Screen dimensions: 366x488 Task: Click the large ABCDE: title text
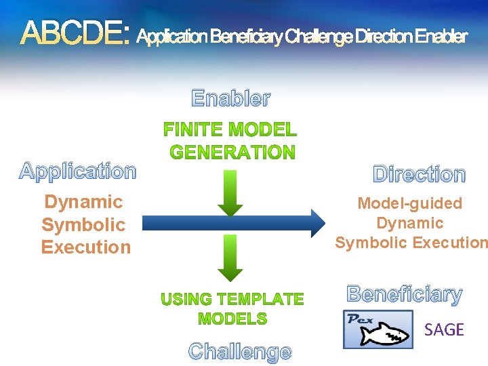tap(75, 33)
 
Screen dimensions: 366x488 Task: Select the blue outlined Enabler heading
tap(231, 99)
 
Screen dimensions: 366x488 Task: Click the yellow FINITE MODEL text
tap(230, 129)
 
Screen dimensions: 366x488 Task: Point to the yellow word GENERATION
tap(232, 152)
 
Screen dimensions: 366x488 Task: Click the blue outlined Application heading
tap(78, 171)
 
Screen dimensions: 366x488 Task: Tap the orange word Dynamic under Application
tap(83, 202)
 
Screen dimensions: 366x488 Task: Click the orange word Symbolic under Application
tap(83, 225)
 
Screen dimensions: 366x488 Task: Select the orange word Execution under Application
tap(86, 247)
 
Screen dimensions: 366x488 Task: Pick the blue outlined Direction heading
tap(420, 174)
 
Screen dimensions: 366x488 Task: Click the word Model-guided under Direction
tap(409, 203)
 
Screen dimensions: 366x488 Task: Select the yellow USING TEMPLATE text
tap(232, 299)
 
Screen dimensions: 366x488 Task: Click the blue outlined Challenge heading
tap(240, 352)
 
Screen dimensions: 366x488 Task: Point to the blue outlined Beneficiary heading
tap(405, 295)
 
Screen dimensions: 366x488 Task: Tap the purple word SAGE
tap(444, 330)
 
